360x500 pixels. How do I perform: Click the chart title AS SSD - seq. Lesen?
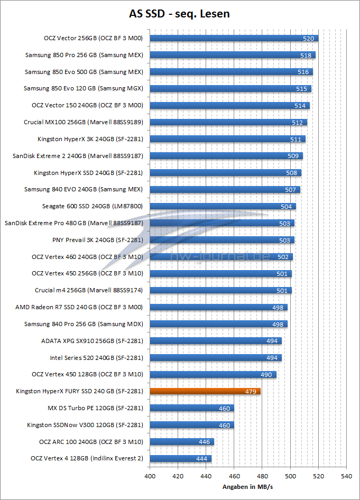coord(180,14)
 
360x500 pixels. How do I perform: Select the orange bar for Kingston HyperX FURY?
coord(205,391)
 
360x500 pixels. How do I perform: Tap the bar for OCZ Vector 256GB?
coord(234,38)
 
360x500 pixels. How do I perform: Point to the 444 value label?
coord(201,459)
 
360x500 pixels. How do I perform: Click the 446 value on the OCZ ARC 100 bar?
coord(204,442)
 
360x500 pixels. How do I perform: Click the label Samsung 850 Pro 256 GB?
coord(85,55)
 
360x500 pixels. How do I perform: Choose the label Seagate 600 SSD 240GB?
coord(93,206)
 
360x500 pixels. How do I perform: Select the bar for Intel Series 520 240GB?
coord(216,358)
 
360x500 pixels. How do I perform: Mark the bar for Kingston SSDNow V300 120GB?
coord(191,425)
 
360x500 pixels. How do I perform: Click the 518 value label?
coord(305,55)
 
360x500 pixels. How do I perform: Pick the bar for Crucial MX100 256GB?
coord(228,122)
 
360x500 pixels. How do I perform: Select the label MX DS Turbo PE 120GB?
coord(96,408)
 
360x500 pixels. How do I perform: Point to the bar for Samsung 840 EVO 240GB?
coord(225,189)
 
